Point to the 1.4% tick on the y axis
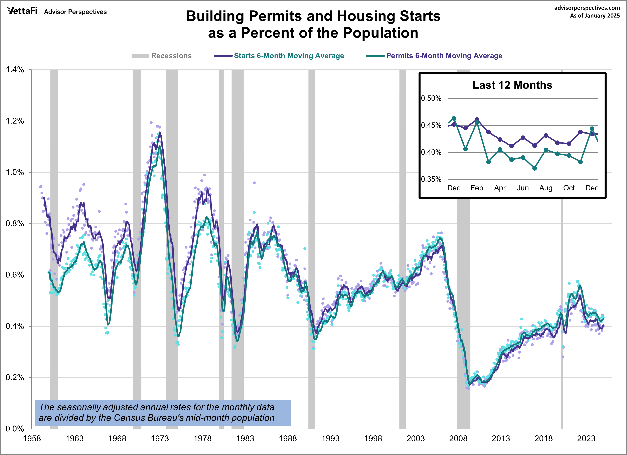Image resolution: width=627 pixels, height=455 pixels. click(x=15, y=70)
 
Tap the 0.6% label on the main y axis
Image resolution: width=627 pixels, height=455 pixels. click(x=15, y=275)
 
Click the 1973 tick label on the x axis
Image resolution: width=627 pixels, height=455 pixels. click(x=160, y=438)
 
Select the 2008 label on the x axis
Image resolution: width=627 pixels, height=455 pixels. click(x=458, y=438)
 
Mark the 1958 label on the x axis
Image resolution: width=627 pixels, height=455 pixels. click(x=32, y=438)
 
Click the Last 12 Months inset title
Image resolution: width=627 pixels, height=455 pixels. click(x=512, y=85)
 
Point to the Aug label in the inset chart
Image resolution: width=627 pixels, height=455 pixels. click(x=546, y=188)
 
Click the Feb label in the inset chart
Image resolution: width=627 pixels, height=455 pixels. click(x=477, y=188)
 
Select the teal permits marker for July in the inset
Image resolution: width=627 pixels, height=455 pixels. click(x=534, y=168)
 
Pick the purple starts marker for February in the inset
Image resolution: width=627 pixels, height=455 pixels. click(x=477, y=120)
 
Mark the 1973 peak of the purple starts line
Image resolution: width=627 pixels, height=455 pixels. click(x=160, y=133)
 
